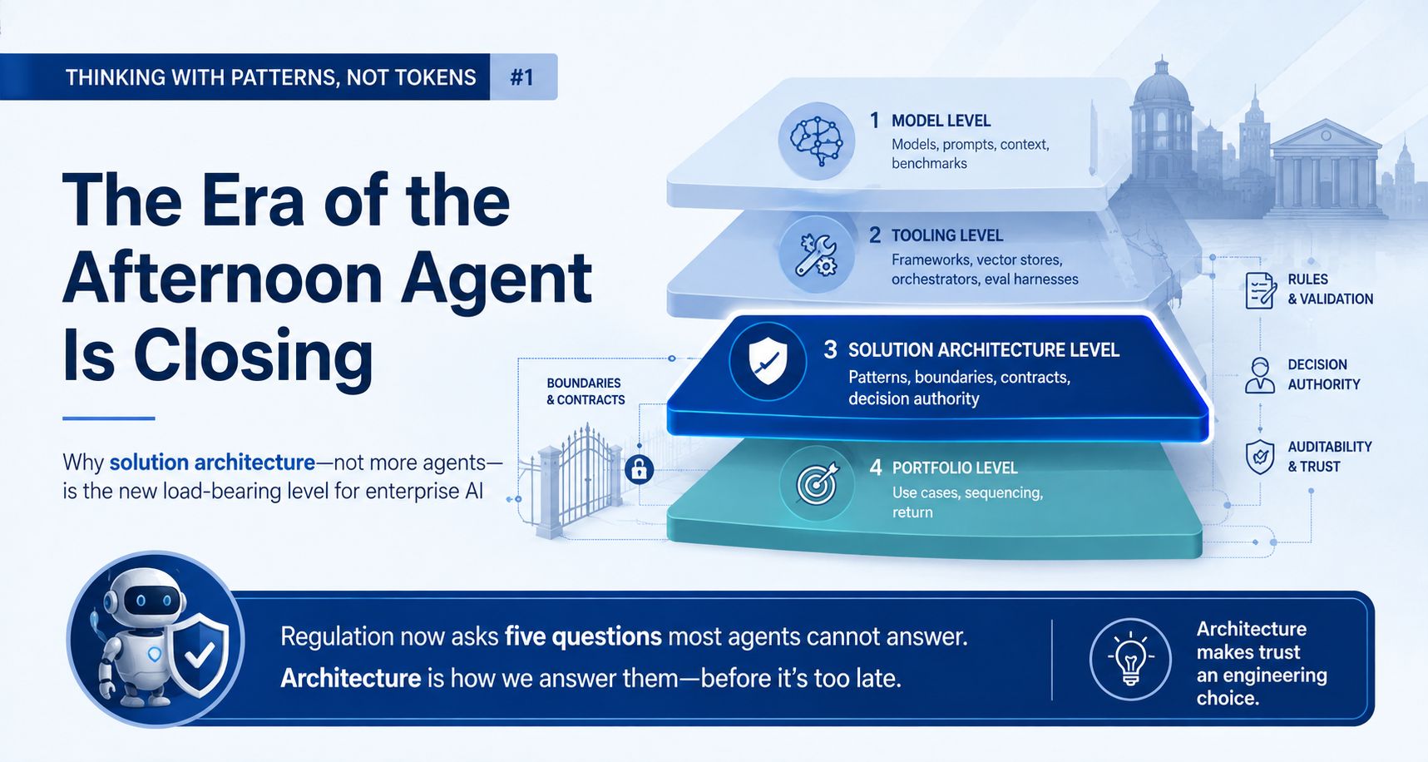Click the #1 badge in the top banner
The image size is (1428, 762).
coord(523,77)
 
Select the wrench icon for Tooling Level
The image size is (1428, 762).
coord(816,255)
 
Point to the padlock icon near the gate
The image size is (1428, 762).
coord(639,469)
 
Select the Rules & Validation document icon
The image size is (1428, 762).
coord(1261,290)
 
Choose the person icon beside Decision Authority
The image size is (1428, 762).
coord(1260,375)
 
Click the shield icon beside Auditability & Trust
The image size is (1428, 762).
coord(1260,457)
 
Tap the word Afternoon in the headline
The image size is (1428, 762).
coord(223,278)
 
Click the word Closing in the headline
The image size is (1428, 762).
coord(253,356)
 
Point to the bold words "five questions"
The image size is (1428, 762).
coord(583,636)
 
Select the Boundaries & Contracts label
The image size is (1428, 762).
coord(586,391)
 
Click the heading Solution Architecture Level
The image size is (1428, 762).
coord(984,350)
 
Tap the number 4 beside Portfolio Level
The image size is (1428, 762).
coord(876,468)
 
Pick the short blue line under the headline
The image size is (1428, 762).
coord(109,418)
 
